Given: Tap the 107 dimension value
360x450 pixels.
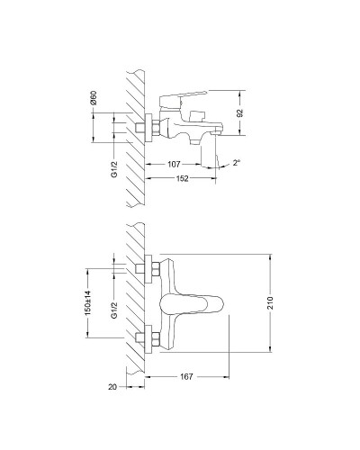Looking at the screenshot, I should [175, 165].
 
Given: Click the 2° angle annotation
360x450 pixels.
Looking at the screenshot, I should [237, 164].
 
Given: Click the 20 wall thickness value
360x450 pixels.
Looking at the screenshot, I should [111, 388].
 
